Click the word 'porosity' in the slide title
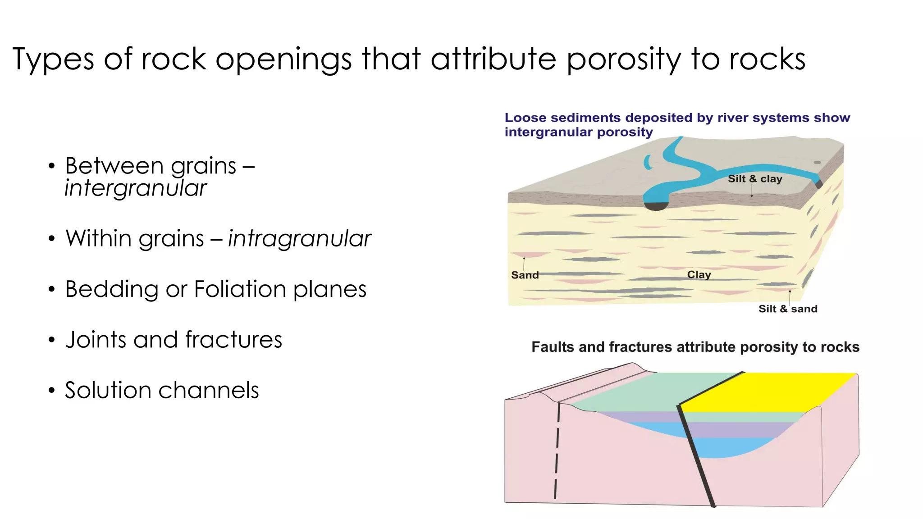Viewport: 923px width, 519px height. [x=623, y=60]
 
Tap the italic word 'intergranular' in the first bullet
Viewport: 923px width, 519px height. [x=136, y=189]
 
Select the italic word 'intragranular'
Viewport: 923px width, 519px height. [x=299, y=239]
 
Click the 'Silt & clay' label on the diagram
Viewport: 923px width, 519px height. [x=755, y=179]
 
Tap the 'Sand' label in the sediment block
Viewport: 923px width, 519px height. [x=525, y=275]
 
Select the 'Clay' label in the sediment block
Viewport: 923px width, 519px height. [x=699, y=275]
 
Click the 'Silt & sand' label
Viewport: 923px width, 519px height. [x=788, y=309]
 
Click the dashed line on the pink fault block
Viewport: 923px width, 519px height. [x=557, y=451]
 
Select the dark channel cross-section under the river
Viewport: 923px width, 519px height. [x=656, y=206]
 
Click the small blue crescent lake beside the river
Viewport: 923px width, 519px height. [x=648, y=162]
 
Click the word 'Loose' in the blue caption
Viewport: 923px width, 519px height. [x=525, y=118]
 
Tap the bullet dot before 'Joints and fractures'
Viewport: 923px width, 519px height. [x=52, y=340]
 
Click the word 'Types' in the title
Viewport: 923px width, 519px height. [x=53, y=60]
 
